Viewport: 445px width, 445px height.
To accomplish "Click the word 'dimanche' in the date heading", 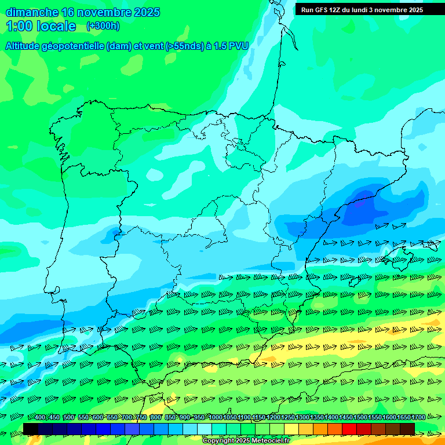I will pyautogui.click(x=32, y=12).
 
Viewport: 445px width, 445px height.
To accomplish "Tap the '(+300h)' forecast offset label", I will pyautogui.click(x=103, y=26).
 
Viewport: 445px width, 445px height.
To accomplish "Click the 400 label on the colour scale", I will pyautogui.click(x=40, y=417).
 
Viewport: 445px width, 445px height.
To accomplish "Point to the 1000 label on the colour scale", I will pyautogui.click(x=215, y=417).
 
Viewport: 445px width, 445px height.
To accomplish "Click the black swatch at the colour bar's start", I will pyautogui.click(x=31, y=429).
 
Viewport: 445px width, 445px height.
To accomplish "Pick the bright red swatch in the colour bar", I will pyautogui.click(x=349, y=429).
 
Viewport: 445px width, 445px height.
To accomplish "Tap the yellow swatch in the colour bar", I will pyautogui.click(x=291, y=429).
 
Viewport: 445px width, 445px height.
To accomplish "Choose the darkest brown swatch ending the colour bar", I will pyautogui.click(x=407, y=429).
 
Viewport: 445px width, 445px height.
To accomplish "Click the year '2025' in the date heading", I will pyautogui.click(x=147, y=12).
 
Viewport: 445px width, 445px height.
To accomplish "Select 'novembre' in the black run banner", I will pyautogui.click(x=391, y=10).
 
